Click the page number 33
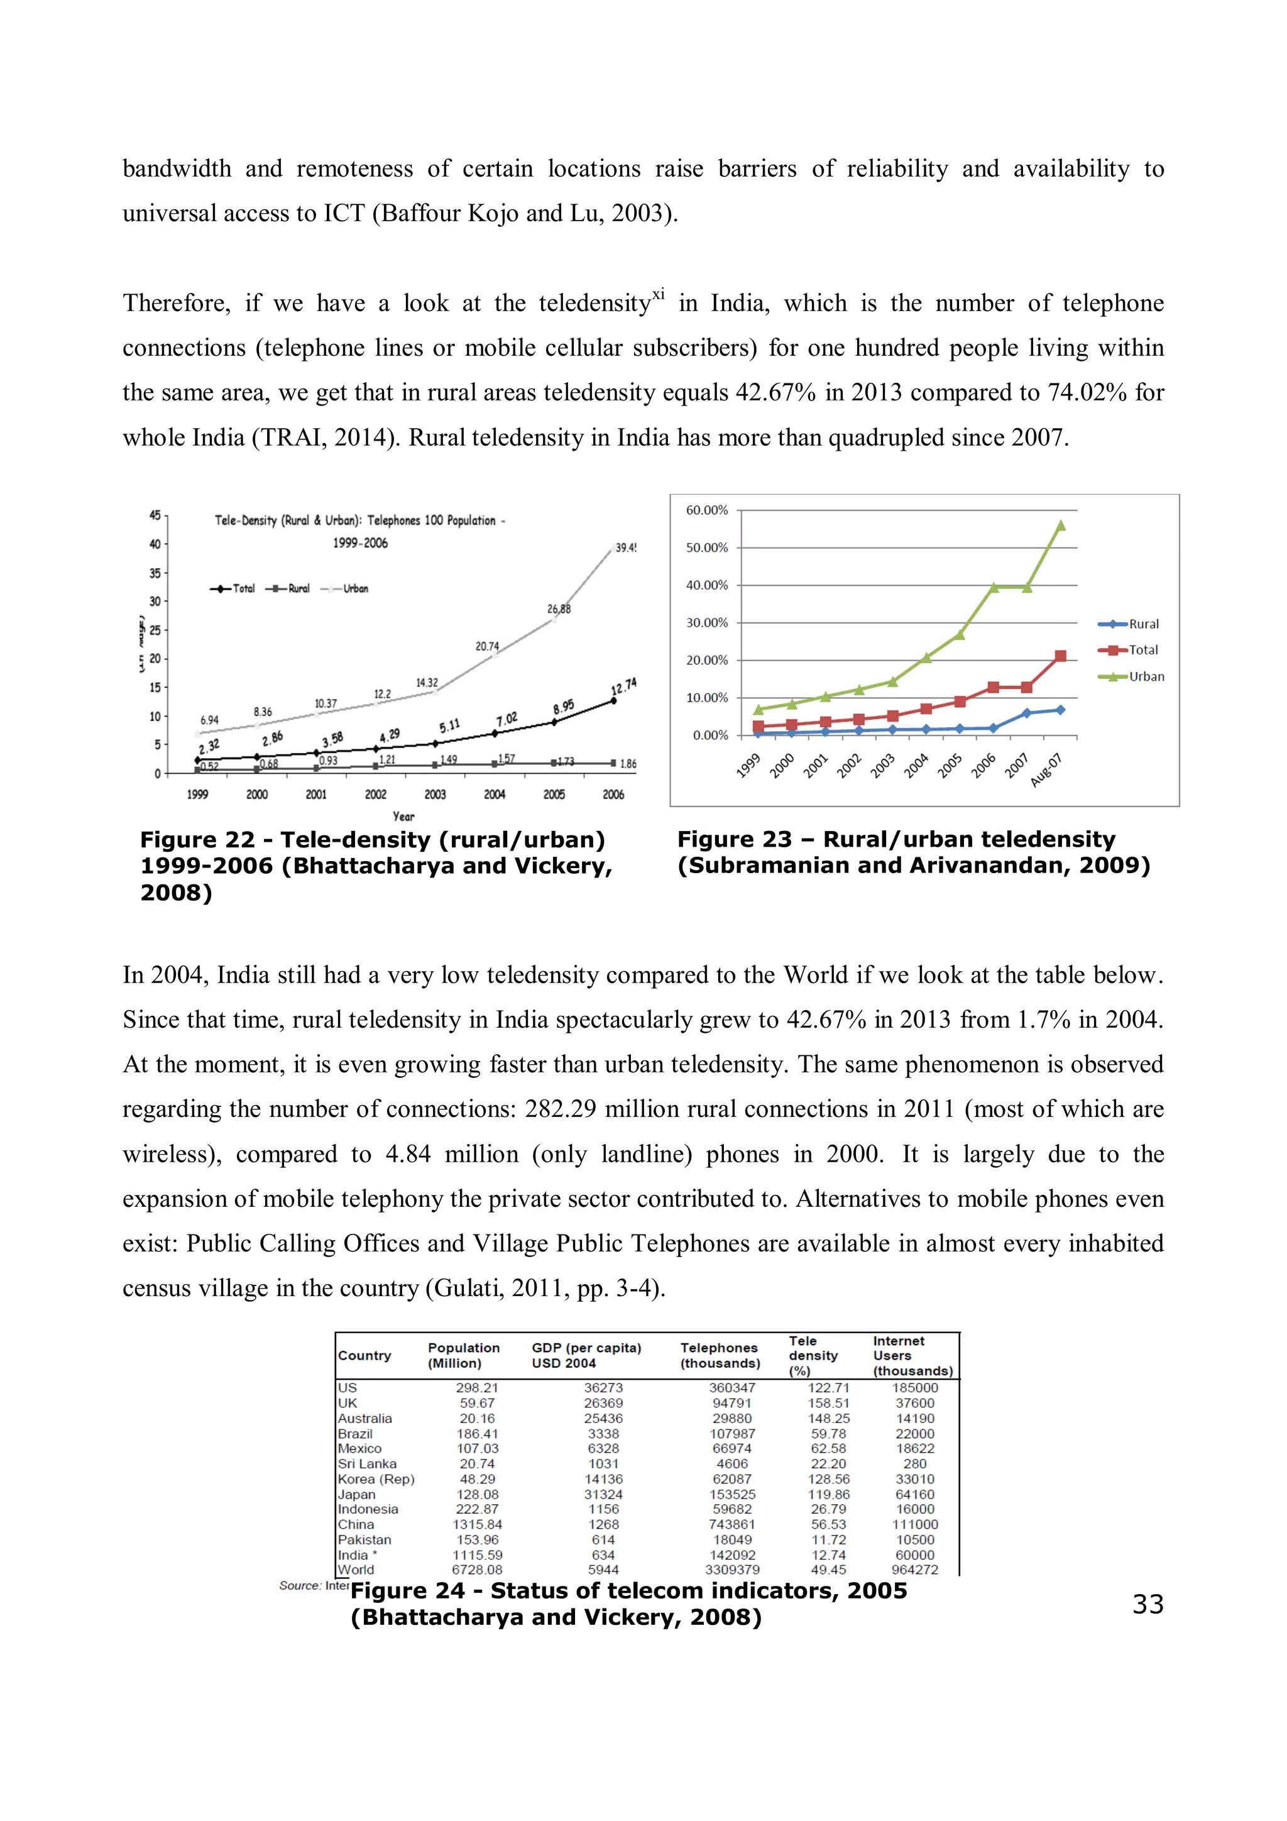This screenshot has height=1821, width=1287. pos(1147,1604)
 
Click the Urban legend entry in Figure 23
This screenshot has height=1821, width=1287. pos(1146,676)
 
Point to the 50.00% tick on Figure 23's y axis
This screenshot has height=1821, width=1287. pos(706,548)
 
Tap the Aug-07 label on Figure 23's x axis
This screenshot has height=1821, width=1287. pos(1047,769)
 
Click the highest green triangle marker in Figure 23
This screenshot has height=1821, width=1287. pos(1061,525)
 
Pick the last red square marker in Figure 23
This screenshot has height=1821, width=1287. pos(1061,656)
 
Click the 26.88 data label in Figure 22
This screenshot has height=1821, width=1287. pos(558,609)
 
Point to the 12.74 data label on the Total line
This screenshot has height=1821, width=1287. pos(623,686)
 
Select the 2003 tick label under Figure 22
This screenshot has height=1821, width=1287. pos(434,794)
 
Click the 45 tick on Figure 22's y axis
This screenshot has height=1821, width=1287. pos(155,515)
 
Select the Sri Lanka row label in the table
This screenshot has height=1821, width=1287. pos(367,1464)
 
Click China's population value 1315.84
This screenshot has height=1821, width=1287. pos(478,1524)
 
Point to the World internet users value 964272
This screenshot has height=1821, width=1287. pos(914,1570)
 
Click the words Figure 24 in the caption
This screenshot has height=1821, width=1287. pos(408,1591)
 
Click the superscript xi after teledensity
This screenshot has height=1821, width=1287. pos(658,295)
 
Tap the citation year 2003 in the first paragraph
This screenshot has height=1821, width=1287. pos(637,213)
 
